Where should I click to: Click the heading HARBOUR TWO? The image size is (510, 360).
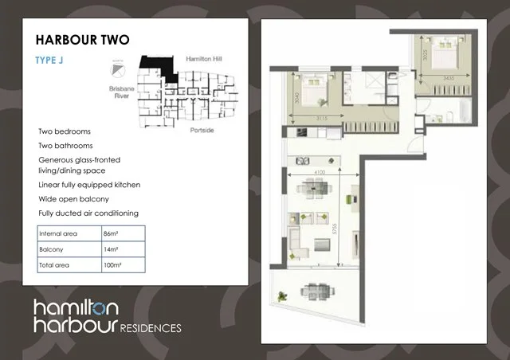[83, 40]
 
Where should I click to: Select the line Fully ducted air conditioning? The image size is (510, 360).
[88, 213]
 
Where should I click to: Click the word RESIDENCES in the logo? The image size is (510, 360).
[151, 327]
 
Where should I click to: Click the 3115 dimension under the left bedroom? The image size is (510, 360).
[322, 119]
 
